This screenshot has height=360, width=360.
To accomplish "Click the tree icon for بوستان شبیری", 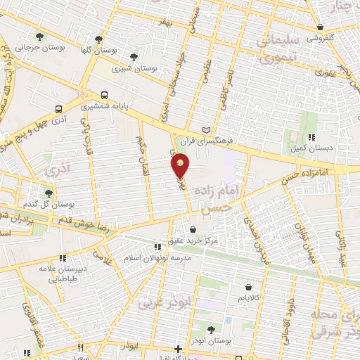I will coord(133,57).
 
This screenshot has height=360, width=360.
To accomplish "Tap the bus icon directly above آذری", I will coord(58,109).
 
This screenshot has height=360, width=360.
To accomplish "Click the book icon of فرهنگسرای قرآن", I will coord(206,130).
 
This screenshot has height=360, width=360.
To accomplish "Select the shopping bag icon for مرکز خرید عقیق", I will coord(193,229).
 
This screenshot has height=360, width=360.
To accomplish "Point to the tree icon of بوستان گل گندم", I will coord(49,192).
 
